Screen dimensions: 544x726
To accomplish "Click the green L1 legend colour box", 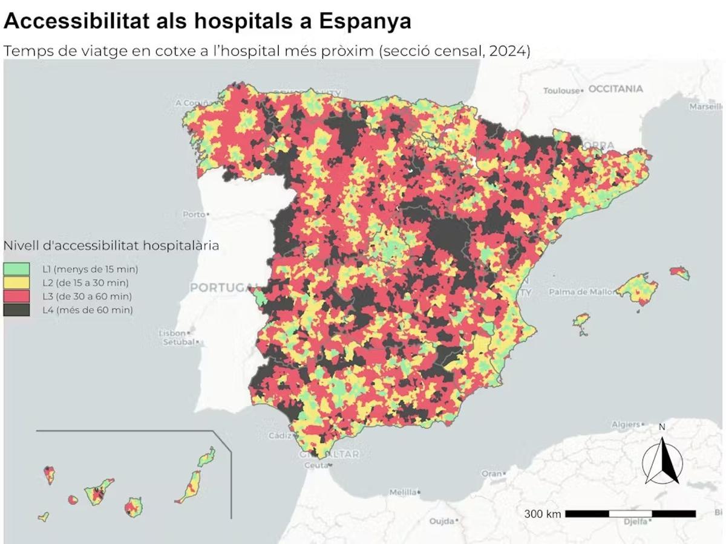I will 16,268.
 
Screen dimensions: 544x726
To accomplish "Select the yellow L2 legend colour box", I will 16,282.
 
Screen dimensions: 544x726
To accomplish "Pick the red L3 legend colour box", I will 16,296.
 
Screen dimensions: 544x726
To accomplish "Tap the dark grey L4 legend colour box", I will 16,309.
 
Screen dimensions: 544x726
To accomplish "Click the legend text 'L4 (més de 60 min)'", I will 87,310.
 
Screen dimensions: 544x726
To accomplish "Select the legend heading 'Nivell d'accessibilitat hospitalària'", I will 111,245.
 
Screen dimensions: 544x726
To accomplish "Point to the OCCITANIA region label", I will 615,89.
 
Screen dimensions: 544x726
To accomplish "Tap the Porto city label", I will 194,214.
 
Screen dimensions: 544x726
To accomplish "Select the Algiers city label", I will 625,424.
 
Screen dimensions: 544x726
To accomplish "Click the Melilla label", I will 402,492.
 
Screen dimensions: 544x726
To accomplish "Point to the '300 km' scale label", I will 542,514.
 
